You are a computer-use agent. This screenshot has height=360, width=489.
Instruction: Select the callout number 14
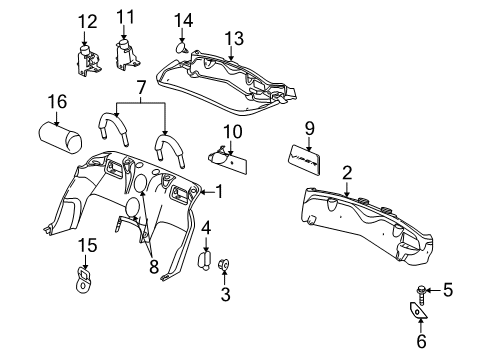pyautogui.click(x=184, y=19)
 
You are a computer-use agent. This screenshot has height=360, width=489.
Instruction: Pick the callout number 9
pyautogui.click(x=309, y=127)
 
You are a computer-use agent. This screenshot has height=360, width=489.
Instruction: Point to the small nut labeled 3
pyautogui.click(x=224, y=265)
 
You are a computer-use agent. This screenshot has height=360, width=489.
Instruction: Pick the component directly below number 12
pyautogui.click(x=89, y=57)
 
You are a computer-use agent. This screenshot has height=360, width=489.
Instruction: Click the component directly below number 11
pyautogui.click(x=126, y=53)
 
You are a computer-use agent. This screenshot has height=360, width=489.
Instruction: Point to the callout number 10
pyautogui.click(x=233, y=131)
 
